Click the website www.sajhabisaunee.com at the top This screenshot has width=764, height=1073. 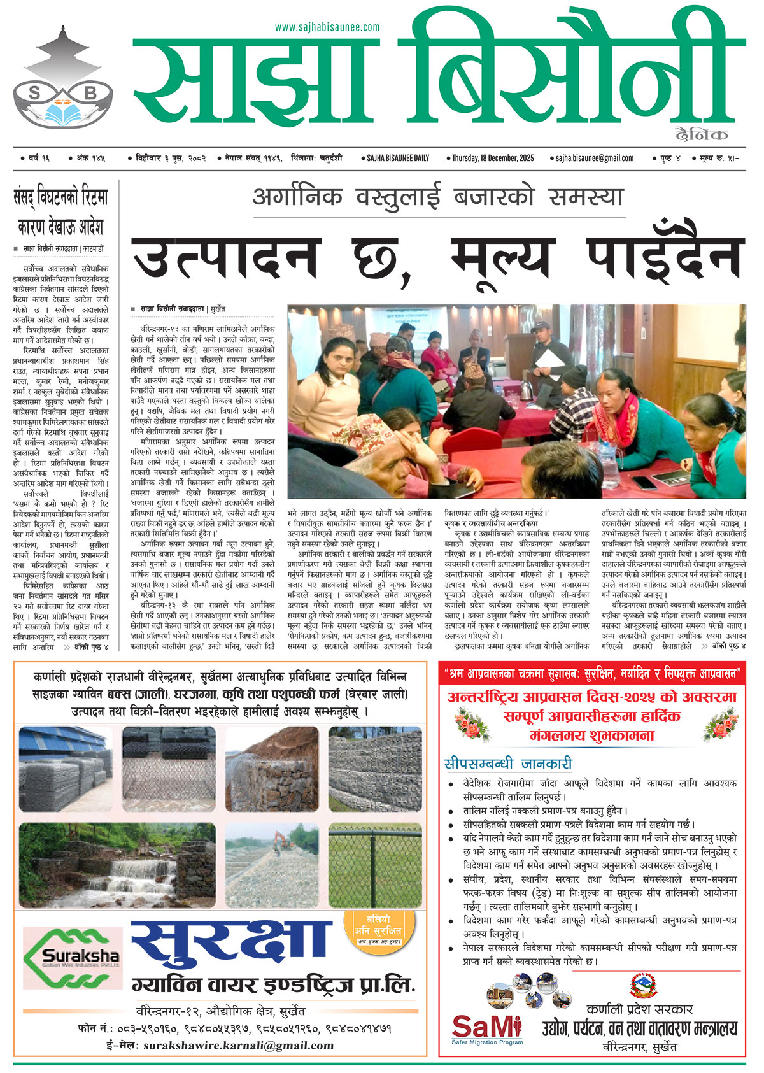(x=327, y=27)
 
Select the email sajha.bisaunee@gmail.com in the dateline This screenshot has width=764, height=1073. (x=595, y=158)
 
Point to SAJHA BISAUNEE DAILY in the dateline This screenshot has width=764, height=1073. (x=398, y=158)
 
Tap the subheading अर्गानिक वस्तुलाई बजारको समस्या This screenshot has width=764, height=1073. (x=437, y=197)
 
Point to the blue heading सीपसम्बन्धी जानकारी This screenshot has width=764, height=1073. (x=507, y=764)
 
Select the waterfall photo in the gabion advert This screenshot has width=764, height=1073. (x=64, y=865)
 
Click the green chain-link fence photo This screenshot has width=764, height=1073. (x=374, y=865)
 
